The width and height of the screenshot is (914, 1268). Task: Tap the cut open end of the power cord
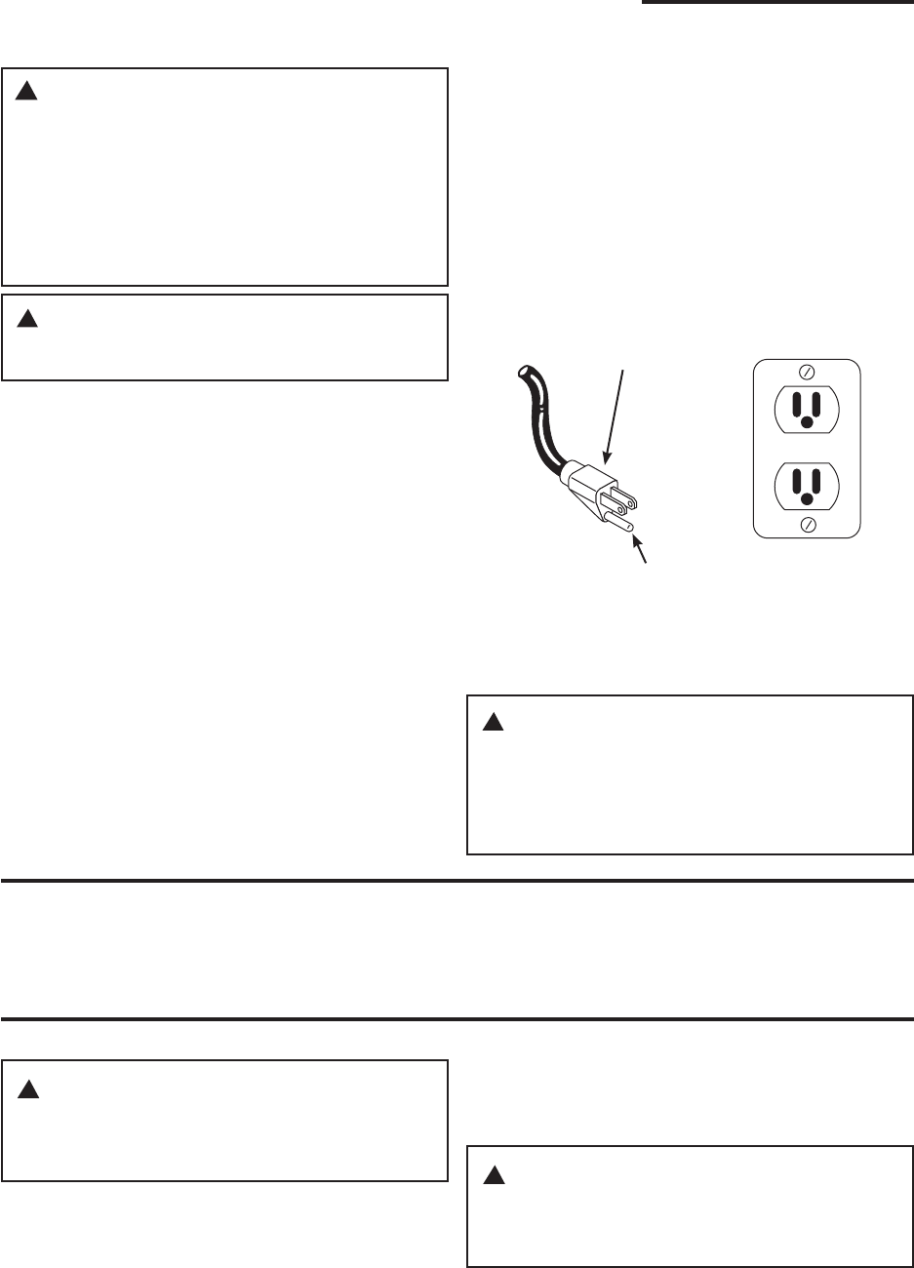coord(524,372)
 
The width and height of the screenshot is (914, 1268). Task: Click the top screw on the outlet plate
coord(807,372)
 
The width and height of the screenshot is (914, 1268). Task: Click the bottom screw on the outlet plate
coord(807,526)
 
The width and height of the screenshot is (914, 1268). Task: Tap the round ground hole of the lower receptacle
coord(807,500)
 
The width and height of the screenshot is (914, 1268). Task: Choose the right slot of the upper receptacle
coord(816,402)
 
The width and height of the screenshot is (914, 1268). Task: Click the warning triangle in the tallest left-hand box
coord(27,92)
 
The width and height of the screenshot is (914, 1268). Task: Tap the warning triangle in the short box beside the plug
coord(27,318)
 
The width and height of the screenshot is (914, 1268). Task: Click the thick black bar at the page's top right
coord(776,4)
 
